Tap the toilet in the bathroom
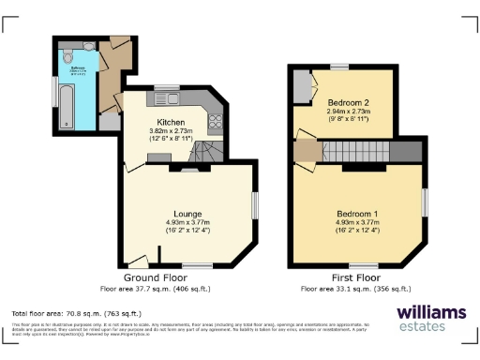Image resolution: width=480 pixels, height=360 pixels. [x=68, y=57]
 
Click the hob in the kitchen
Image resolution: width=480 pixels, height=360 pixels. [x=215, y=120]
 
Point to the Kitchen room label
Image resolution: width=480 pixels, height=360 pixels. [x=170, y=123]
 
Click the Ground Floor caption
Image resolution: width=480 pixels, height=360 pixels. [x=155, y=278]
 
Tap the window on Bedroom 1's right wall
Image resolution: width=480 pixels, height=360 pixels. [x=424, y=201]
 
